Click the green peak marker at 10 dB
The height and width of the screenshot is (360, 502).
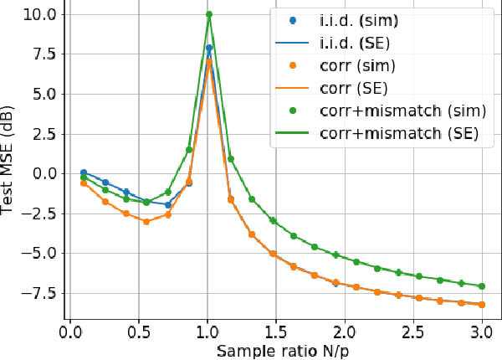[209, 14]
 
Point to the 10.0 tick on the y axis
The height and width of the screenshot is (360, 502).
[39, 14]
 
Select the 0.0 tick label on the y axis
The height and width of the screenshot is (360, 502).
[44, 173]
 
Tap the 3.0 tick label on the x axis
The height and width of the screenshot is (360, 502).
[481, 333]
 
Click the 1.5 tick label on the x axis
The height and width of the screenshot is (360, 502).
[275, 333]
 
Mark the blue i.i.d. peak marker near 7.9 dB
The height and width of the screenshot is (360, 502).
[209, 48]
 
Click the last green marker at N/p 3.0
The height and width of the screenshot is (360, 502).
[481, 286]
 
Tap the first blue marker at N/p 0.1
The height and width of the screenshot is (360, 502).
[84, 172]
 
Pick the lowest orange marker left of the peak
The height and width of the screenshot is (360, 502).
[146, 222]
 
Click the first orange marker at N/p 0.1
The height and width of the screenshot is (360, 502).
[84, 183]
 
